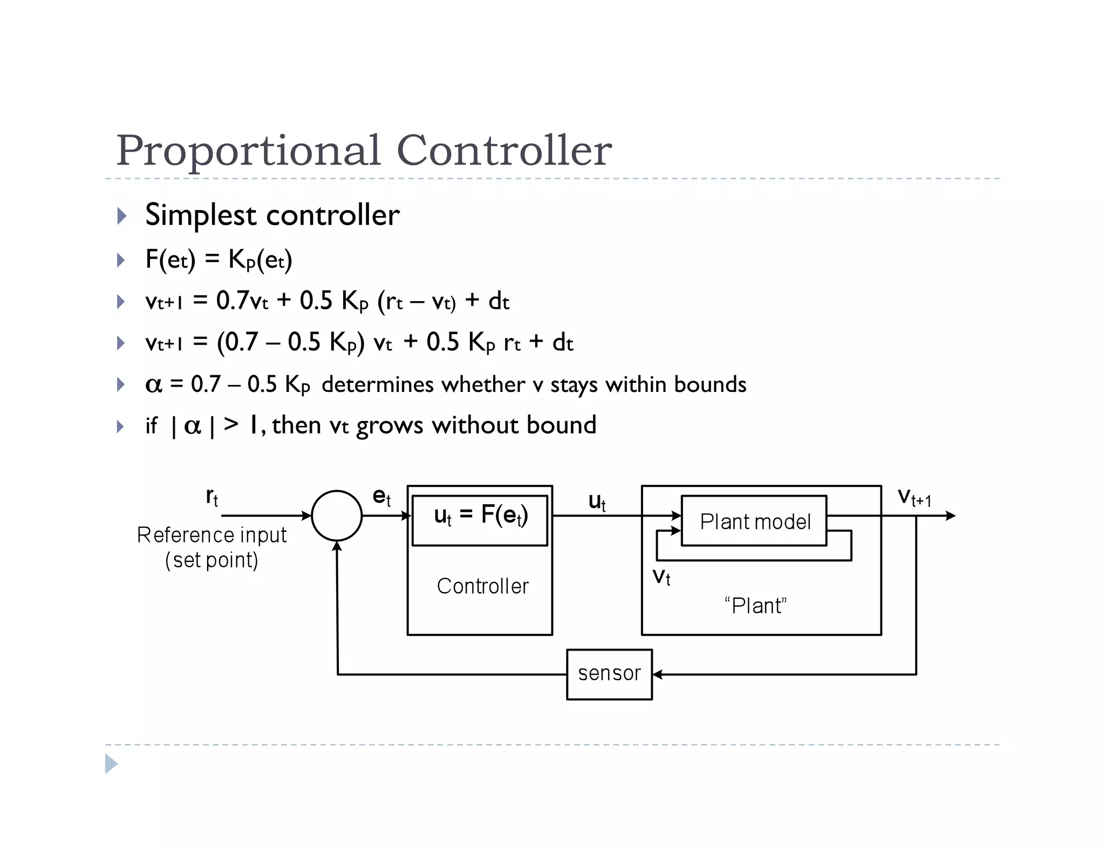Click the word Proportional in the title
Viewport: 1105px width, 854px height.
[248, 151]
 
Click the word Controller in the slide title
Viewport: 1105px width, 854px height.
[504, 150]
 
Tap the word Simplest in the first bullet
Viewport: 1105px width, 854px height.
[200, 215]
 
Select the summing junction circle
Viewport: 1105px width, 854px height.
[337, 516]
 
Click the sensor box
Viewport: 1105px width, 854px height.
[609, 674]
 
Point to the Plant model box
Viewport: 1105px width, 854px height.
[754, 521]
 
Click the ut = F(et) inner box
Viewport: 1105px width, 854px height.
[480, 520]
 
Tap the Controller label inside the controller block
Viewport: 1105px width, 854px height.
[482, 586]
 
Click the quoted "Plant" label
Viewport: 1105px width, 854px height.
[755, 606]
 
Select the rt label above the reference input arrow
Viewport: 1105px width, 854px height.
[212, 496]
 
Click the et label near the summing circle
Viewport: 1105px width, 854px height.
[381, 496]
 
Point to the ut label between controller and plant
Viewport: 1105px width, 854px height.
[597, 501]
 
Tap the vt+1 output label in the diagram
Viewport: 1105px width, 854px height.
[914, 497]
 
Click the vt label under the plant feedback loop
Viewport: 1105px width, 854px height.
[661, 577]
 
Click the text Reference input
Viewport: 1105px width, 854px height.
[212, 535]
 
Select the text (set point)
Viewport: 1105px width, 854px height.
[212, 560]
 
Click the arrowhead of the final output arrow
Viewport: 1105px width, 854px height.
[951, 516]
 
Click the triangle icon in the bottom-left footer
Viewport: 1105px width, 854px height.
[111, 764]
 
